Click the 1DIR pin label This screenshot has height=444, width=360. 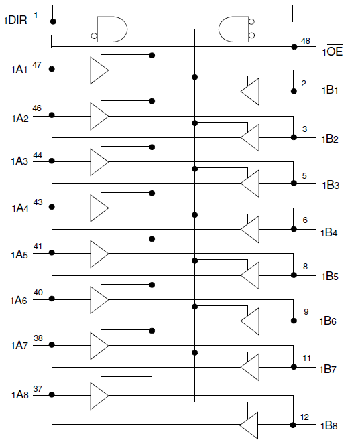point(15,20)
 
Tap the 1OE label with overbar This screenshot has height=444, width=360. point(333,50)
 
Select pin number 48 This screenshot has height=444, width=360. point(305,41)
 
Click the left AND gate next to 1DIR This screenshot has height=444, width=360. point(112,29)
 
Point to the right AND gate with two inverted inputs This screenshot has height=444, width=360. point(234,29)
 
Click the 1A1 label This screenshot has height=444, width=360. point(19,70)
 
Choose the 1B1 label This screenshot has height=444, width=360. point(330,90)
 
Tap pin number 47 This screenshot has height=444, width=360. point(37,65)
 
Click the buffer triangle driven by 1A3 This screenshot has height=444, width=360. point(99,162)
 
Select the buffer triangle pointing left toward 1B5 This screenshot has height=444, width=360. point(250,275)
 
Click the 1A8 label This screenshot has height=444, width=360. point(20,394)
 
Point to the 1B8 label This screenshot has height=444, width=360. point(329,426)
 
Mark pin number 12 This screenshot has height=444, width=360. point(305,417)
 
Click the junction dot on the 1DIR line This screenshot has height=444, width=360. point(53,21)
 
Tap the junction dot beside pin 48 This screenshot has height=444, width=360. point(294,47)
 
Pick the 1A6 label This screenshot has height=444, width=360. point(19,301)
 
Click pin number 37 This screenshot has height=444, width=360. point(38,389)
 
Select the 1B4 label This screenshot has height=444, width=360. point(329,233)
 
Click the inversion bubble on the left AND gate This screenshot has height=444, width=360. point(94,36)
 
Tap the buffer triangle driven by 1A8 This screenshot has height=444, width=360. point(99,396)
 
